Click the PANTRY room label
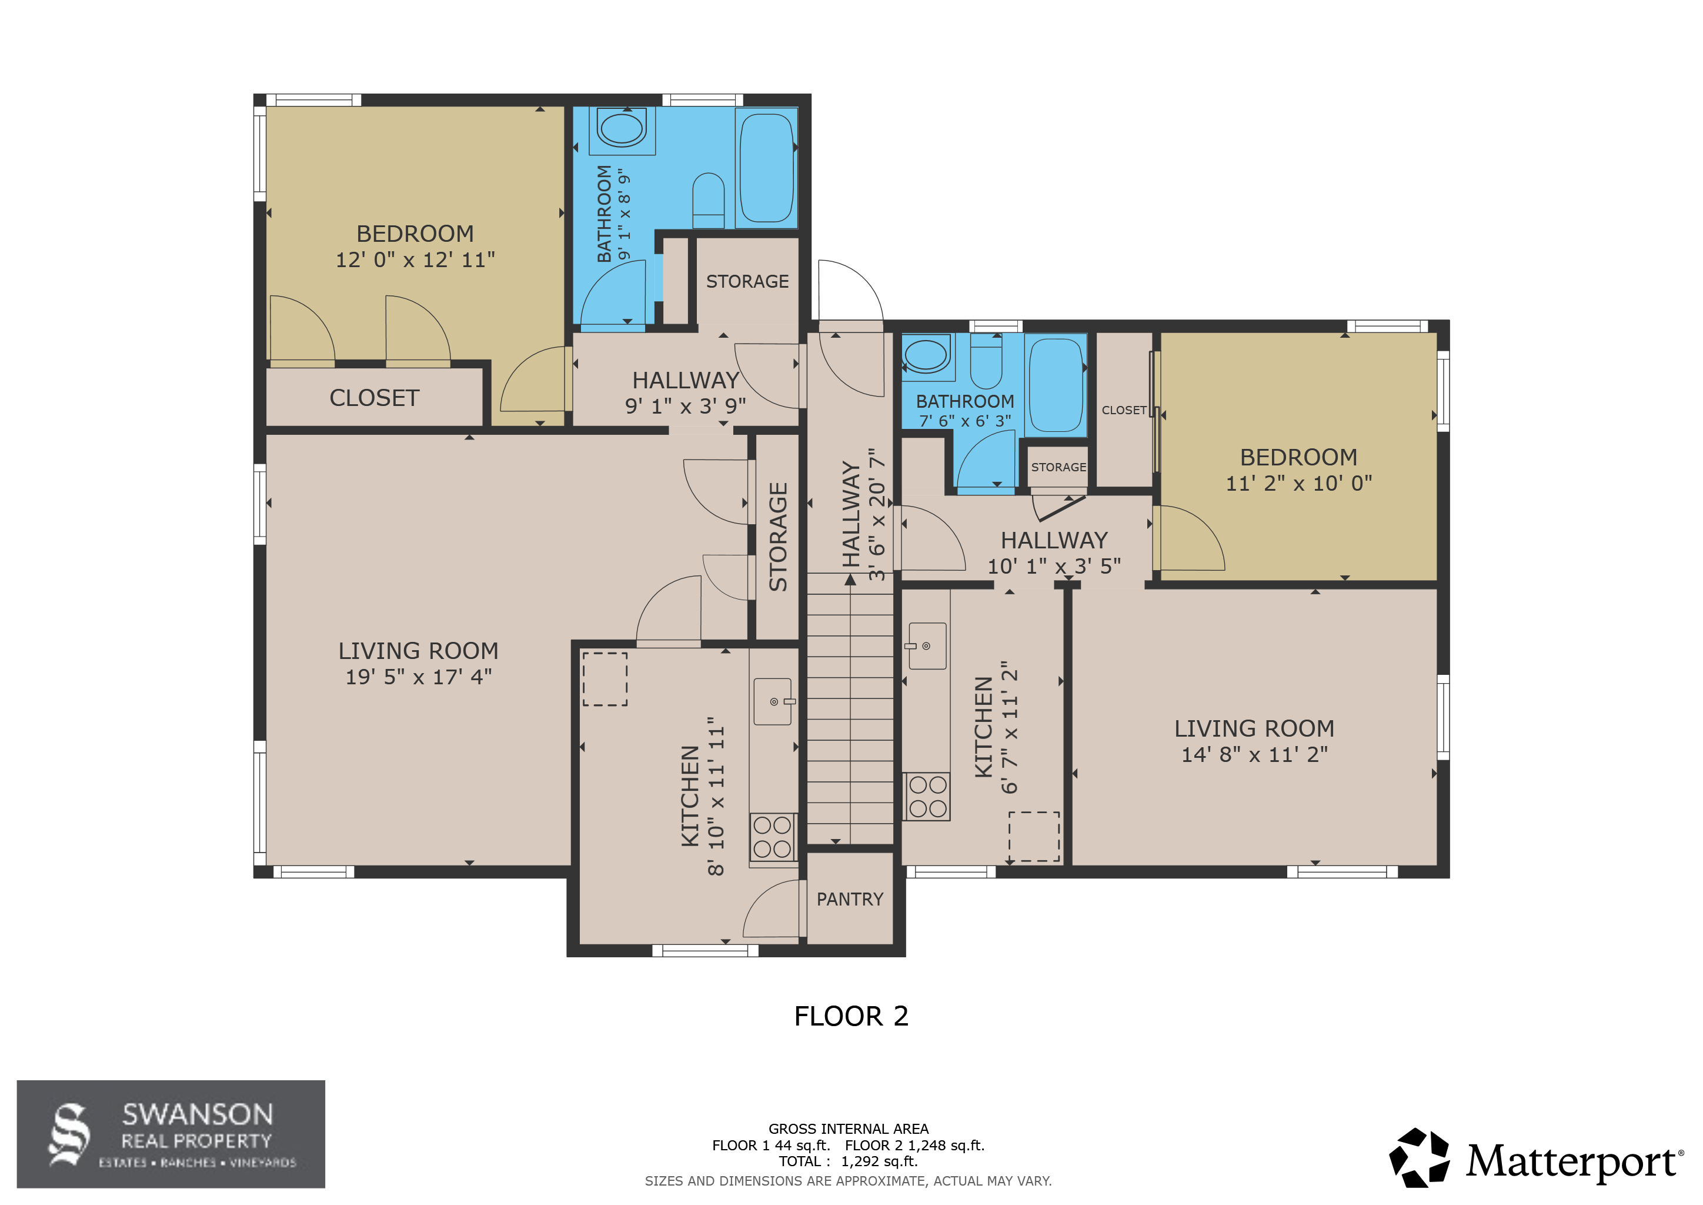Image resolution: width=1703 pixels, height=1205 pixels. [x=849, y=899]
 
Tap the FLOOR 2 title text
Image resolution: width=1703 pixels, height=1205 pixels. [x=851, y=1016]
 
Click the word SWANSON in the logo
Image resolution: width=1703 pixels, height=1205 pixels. [x=198, y=1114]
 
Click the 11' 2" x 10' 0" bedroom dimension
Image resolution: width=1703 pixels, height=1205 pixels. [x=1299, y=483]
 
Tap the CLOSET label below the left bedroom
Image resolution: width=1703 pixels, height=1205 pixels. [x=375, y=398]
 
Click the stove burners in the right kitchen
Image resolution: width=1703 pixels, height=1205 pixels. [x=926, y=796]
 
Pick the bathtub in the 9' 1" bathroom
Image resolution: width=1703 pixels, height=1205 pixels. [x=766, y=168]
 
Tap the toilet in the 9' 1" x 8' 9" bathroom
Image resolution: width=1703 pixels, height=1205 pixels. [x=709, y=200]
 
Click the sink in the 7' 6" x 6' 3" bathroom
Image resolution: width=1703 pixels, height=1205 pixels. [x=926, y=355]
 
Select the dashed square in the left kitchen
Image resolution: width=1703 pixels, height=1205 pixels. [x=605, y=679]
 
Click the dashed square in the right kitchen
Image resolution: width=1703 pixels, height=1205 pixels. [x=1034, y=836]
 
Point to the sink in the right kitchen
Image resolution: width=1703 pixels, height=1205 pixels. [x=927, y=645]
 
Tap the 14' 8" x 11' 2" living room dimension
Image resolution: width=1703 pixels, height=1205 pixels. [x=1254, y=755]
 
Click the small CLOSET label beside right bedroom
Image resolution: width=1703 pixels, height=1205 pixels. [x=1124, y=410]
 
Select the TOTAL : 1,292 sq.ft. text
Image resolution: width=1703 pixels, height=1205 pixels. [x=848, y=1161]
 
